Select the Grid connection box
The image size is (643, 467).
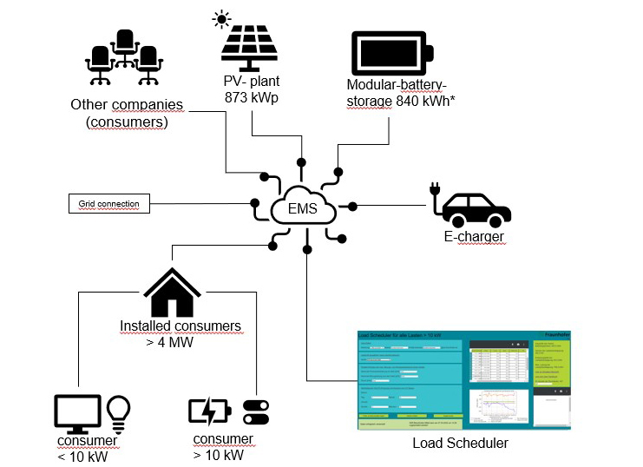click(x=108, y=205)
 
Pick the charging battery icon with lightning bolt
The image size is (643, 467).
click(x=209, y=410)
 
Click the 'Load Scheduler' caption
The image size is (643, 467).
click(x=460, y=444)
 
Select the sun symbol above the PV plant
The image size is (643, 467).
click(x=222, y=18)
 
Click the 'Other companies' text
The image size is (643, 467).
click(x=127, y=105)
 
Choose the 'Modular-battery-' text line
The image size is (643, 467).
click(x=396, y=85)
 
